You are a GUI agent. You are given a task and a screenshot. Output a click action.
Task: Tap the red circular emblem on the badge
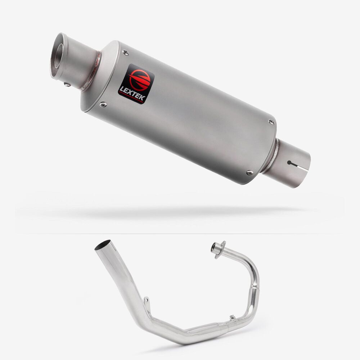(x=139, y=79)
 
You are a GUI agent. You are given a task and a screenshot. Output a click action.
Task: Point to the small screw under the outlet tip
(x=67, y=85)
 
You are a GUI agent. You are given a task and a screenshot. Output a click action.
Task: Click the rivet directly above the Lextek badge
(x=126, y=53)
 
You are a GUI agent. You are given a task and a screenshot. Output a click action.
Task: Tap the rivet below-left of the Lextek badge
(x=103, y=105)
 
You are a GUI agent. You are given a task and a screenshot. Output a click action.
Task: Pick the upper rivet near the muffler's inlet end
(x=271, y=122)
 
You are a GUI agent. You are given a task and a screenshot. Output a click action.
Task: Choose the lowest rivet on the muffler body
(x=249, y=172)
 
